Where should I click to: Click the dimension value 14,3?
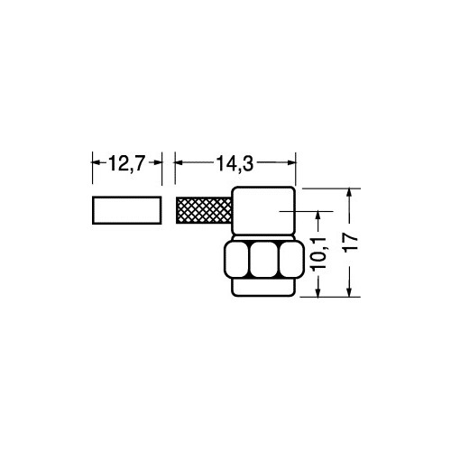click(235, 164)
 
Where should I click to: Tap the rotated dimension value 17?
click(351, 242)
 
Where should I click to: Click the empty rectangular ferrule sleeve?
click(127, 210)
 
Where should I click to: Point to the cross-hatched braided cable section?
click(204, 210)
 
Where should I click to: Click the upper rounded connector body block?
click(263, 211)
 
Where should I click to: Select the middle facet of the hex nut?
click(263, 260)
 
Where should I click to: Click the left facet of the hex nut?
click(236, 260)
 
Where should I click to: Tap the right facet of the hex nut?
click(290, 260)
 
